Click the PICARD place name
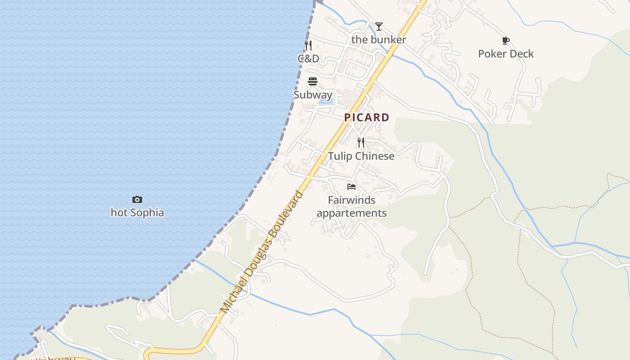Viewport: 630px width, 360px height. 367,117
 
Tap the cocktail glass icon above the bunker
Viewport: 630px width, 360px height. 379,26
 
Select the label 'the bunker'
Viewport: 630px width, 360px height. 378,40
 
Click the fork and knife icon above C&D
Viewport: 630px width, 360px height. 308,45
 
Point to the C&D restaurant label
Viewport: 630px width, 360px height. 308,58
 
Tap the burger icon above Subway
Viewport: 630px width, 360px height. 313,81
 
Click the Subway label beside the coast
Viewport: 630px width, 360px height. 313,95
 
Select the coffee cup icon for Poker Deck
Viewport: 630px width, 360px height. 506,40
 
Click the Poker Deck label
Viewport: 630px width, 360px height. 506,54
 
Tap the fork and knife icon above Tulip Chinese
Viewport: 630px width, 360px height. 361,143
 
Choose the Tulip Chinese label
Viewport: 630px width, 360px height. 361,156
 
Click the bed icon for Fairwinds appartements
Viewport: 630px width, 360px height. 351,186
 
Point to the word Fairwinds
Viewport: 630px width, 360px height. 351,200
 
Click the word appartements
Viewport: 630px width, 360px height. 351,213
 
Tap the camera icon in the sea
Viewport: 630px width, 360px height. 137,199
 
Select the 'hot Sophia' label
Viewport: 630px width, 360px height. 137,212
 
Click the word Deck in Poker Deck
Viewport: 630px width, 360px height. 522,54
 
